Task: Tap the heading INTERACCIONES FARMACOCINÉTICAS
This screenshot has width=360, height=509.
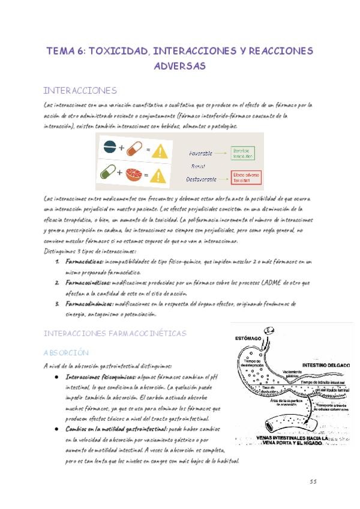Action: [x=115, y=333]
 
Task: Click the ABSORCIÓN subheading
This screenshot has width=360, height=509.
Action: [x=66, y=352]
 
